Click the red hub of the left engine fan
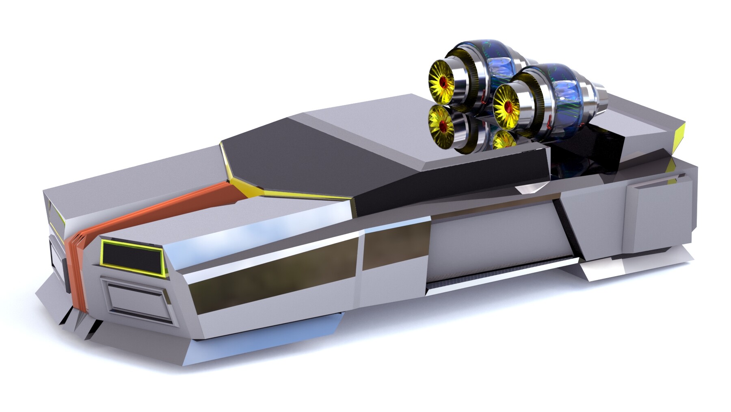tap(443, 83)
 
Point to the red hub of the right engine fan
tap(508, 107)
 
